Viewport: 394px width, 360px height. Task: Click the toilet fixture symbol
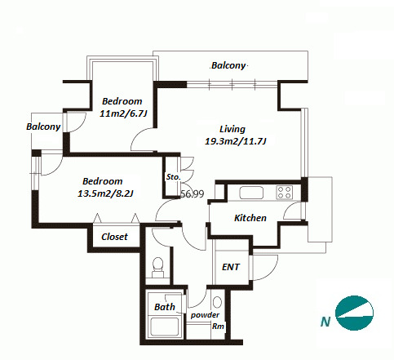coord(157,268)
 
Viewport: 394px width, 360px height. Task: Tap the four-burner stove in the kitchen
coord(285,192)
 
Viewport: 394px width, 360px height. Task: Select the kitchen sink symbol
coord(251,193)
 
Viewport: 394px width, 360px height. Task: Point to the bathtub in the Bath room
coord(165,327)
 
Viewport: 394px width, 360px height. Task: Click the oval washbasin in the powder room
coord(217,302)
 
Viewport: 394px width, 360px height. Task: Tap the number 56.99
coord(193,194)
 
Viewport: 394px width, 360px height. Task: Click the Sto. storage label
coord(174,177)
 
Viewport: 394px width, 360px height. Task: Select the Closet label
coord(114,237)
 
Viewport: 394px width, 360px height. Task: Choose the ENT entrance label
coord(231,267)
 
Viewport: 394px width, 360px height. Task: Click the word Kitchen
coord(250,218)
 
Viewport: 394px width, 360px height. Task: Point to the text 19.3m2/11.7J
coord(235,141)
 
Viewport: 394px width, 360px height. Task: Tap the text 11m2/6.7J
coord(123,113)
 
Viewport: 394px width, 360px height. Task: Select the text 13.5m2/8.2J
coord(105,193)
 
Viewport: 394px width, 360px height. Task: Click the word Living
coord(232,129)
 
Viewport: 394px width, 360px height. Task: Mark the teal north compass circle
coord(354,313)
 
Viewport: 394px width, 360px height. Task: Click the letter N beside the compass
coord(325,322)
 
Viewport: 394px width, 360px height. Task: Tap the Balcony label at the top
coord(228,65)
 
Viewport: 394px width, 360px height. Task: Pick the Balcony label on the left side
coord(43,127)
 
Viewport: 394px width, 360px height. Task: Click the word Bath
coord(165,307)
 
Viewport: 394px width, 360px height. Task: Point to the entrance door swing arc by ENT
coord(271,272)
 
